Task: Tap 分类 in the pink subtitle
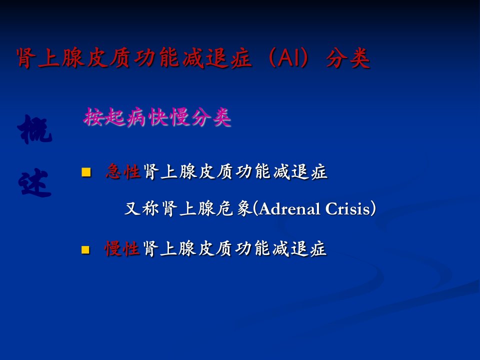coord(211,117)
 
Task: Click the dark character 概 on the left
coord(34,130)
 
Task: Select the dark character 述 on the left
coord(34,182)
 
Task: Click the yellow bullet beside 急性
coord(86,172)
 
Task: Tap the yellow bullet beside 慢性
coord(85,249)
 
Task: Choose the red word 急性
coord(123,171)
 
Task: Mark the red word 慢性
coord(122,248)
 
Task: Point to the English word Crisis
coord(348,209)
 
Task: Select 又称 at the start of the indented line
coord(142,209)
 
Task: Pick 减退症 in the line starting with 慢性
coord(299,248)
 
